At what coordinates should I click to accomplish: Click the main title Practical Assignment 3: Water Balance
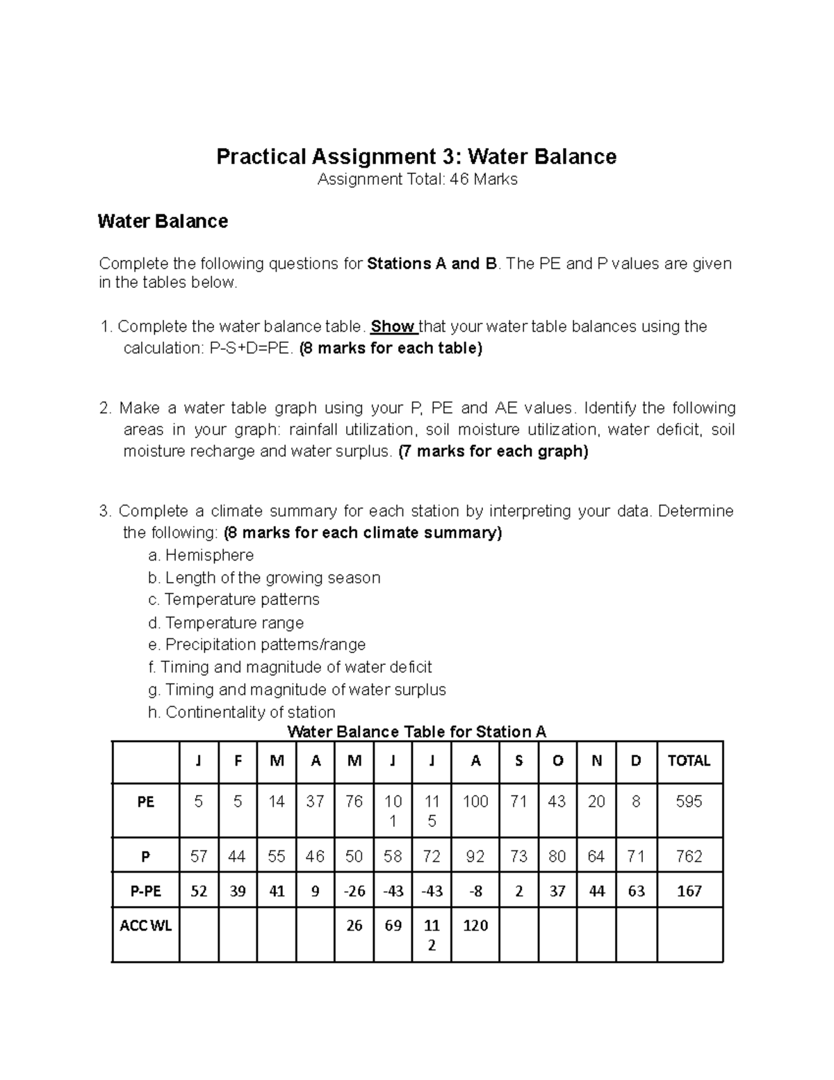pos(416,156)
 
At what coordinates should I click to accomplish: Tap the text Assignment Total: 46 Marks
pos(417,179)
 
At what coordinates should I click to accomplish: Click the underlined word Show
pos(393,326)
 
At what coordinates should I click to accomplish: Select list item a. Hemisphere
pos(201,555)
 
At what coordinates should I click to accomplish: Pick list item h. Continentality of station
pos(242,712)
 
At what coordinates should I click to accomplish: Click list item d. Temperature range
pos(226,622)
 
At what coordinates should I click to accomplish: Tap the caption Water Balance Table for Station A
pos(416,732)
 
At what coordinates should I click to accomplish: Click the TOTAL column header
pos(689,761)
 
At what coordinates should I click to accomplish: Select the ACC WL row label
pos(145,926)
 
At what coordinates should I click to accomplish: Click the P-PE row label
pos(145,891)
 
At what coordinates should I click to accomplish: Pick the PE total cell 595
pos(689,802)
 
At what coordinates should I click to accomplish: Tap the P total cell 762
pos(689,857)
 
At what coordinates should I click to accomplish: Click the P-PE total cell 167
pos(689,891)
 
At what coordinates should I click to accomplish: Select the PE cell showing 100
pos(475,802)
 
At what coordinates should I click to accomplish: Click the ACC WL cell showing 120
pos(475,926)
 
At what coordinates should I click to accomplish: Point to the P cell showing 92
pos(475,857)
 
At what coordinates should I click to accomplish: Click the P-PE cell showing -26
pos(354,891)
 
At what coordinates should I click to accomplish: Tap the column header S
pos(518,761)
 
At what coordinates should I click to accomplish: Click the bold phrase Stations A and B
pos(432,264)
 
